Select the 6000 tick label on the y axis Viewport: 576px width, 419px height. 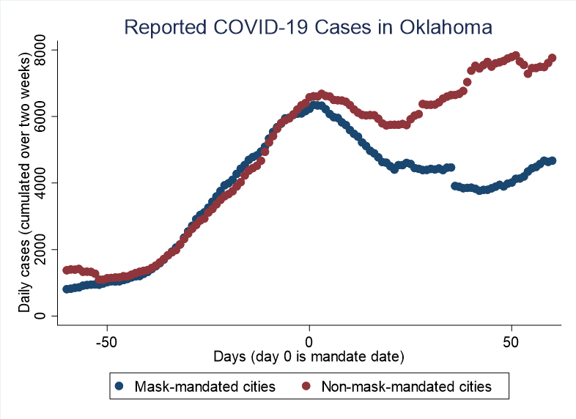[42, 116]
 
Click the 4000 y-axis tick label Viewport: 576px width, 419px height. [42, 183]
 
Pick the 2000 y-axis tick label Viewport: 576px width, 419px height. [42, 250]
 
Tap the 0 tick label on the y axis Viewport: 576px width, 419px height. [42, 316]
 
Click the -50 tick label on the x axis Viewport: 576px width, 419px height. [108, 343]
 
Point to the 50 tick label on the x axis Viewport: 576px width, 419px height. [511, 343]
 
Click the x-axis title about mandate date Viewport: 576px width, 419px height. [309, 357]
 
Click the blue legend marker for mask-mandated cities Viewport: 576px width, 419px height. [119, 385]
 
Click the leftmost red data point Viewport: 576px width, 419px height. [67, 270]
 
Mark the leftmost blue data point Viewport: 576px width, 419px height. [67, 289]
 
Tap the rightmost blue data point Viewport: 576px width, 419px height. [552, 160]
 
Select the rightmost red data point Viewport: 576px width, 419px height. [553, 58]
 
